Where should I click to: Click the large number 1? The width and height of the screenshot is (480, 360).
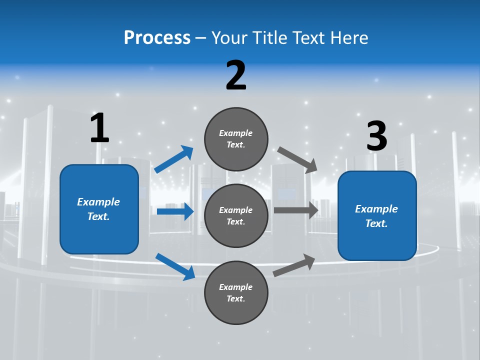(x=99, y=128)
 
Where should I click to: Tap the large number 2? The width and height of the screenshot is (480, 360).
(x=236, y=75)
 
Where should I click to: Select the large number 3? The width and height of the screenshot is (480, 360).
(x=376, y=136)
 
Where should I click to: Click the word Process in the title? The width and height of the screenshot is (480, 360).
(x=157, y=37)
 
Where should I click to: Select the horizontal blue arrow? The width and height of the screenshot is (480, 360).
(x=175, y=211)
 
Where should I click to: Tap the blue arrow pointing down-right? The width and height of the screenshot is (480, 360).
(x=175, y=266)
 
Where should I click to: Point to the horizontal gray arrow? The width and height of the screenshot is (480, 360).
(x=296, y=210)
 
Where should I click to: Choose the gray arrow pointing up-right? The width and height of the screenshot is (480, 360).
(x=294, y=265)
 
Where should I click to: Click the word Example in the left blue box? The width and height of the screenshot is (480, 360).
(x=98, y=202)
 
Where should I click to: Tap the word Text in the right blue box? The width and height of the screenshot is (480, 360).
(x=376, y=223)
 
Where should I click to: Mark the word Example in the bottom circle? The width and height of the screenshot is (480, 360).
(x=236, y=287)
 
